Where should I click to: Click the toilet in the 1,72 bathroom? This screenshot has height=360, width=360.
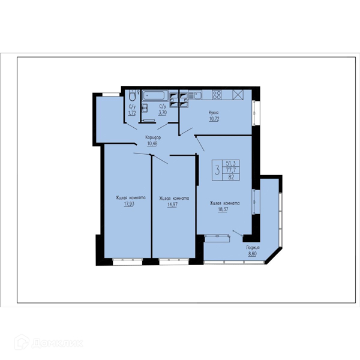click(133, 95)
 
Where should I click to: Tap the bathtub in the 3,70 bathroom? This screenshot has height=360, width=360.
click(154, 95)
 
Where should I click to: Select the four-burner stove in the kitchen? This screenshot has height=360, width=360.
click(217, 95)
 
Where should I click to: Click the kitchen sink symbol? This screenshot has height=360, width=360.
click(196, 95)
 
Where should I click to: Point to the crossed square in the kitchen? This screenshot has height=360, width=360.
click(238, 95)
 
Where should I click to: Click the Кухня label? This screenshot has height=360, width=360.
click(214, 113)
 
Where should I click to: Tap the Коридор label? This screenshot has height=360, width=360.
click(153, 137)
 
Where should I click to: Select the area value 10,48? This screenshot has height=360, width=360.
click(152, 144)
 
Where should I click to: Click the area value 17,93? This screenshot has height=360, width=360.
click(129, 204)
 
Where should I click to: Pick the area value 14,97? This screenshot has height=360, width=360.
click(172, 205)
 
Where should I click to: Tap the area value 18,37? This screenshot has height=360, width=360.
click(223, 209)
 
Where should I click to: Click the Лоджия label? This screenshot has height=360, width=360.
click(253, 247)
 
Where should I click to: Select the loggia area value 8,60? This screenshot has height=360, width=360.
click(252, 254)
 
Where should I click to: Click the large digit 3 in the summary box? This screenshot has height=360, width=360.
click(217, 170)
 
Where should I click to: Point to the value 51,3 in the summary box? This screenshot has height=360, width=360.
click(231, 163)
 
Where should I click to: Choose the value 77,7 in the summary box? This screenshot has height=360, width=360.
click(231, 170)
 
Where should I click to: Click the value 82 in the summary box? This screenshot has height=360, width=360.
click(231, 177)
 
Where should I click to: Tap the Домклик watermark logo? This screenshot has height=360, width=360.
click(49, 343)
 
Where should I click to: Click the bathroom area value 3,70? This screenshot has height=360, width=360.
click(163, 113)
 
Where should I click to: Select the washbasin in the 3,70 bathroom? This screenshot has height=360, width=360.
click(145, 108)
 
